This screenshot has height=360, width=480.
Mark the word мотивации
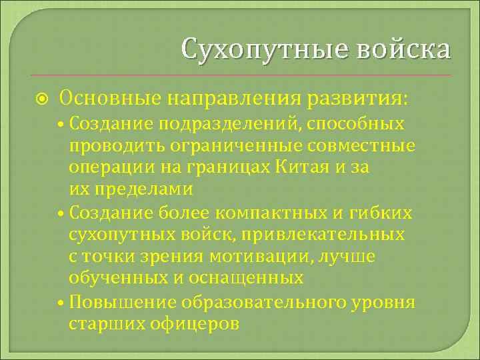(x=279, y=256)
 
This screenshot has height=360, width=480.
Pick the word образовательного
(x=263, y=302)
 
